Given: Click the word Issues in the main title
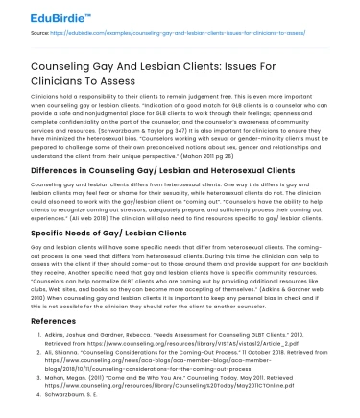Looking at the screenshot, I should click(297, 58).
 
